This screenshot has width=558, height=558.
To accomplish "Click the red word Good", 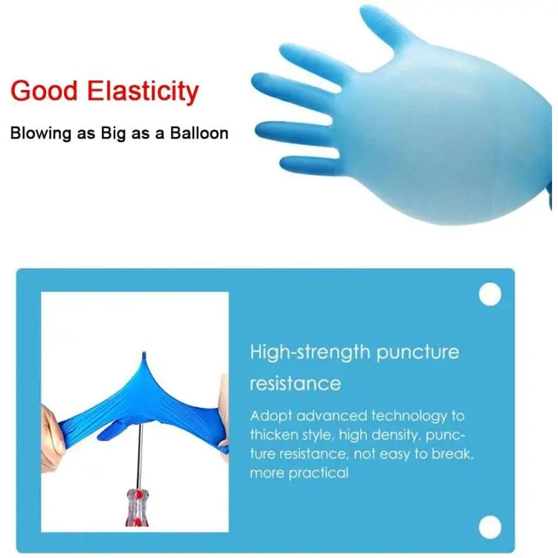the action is coord(44,91).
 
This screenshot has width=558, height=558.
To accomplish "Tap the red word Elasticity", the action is coord(143,92).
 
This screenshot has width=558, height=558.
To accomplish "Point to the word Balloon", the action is coord(199,133).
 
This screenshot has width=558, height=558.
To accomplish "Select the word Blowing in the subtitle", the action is coord(41,134).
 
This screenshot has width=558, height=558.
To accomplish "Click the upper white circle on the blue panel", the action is coord(490,295).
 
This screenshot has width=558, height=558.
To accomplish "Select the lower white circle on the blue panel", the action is coord(490,527).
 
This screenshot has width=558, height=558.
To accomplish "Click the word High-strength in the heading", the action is coord(310,353).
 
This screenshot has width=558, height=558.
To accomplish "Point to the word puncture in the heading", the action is coord(418,353).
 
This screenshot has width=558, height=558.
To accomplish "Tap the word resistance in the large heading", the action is coord(295,383).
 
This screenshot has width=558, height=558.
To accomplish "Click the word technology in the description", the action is coord(409,417).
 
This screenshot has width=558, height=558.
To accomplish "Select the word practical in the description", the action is coord(318,473).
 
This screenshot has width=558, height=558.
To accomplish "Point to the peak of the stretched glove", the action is coord(144,353).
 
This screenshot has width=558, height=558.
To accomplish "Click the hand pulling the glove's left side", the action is coord(52,439).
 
